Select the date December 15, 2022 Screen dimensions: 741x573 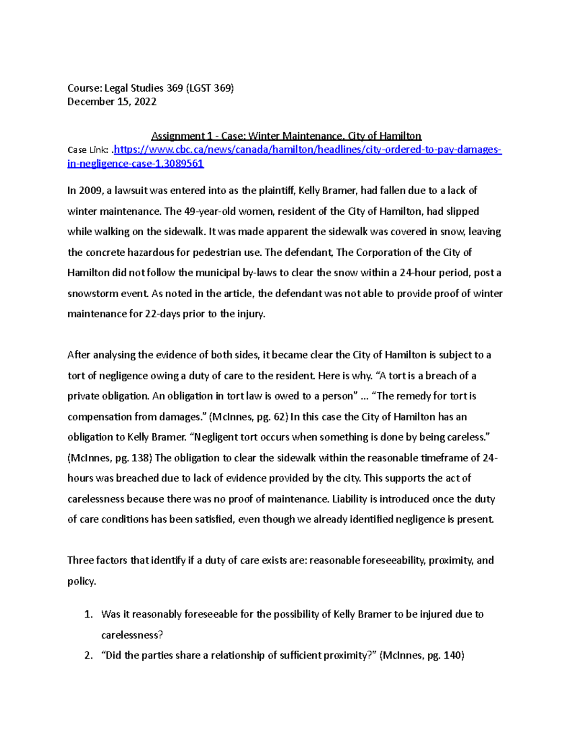[112, 102]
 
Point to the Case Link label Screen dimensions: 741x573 [89, 150]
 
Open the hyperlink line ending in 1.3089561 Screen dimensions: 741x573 [136, 164]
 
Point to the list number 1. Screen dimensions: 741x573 [88, 615]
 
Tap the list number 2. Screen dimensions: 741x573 [88, 656]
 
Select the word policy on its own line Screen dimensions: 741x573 [81, 581]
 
